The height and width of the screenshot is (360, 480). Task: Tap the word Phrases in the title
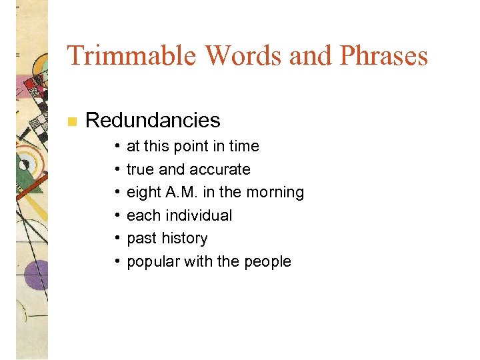(383, 55)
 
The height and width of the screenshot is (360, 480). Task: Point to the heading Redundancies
(153, 120)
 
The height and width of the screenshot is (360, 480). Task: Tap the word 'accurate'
(219, 169)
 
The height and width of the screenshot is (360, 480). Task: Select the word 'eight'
(143, 193)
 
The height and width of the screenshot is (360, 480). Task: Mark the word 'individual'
(198, 215)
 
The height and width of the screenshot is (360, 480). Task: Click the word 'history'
(185, 239)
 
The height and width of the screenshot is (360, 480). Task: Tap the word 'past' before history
(141, 239)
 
